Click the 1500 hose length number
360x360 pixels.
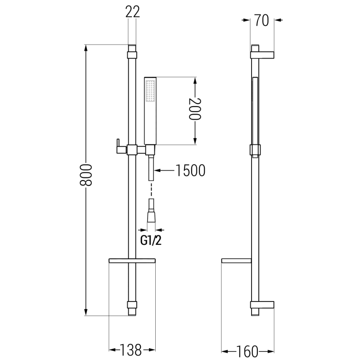point(189,171)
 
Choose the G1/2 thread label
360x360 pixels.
point(151,241)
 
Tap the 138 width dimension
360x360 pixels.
point(132,349)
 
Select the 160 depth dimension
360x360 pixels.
point(248,349)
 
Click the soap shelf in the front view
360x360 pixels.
point(132,261)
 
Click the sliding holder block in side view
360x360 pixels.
point(255,149)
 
